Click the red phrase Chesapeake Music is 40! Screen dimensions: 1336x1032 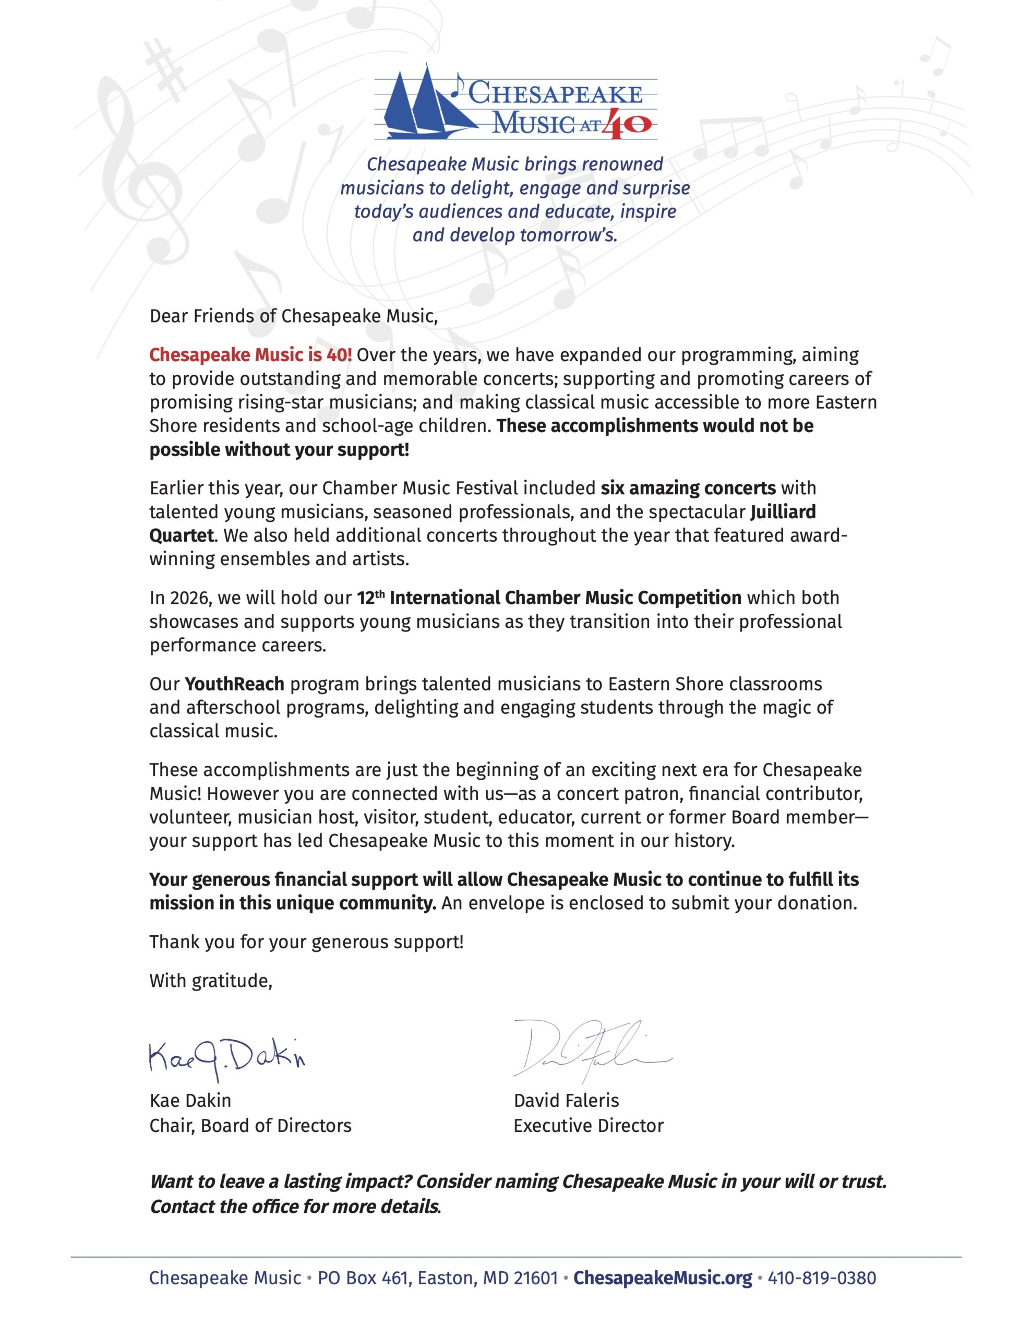[250, 355]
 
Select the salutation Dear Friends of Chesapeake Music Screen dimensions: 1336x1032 [294, 316]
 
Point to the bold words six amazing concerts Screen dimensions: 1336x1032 [688, 488]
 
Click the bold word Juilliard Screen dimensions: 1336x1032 [783, 511]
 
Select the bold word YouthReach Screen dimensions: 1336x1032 [234, 683]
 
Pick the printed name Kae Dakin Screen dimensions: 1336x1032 [190, 1101]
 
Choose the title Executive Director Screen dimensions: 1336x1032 [589, 1126]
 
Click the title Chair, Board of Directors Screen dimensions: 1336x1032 [250, 1126]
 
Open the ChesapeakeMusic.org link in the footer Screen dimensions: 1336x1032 [663, 1278]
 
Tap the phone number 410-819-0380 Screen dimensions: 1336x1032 [822, 1278]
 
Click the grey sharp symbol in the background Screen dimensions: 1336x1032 [166, 74]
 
